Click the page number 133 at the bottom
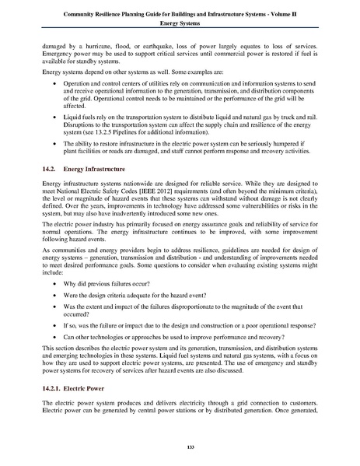click(180, 444)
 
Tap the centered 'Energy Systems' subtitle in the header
click(180, 25)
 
